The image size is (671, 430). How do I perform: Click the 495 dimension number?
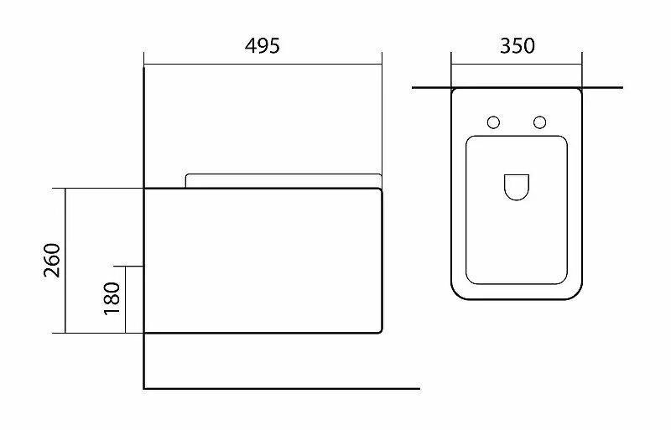click(x=263, y=45)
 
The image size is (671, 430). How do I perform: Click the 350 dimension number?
click(x=517, y=45)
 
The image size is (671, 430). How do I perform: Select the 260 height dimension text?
click(x=51, y=261)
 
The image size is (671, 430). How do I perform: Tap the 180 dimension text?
click(x=112, y=299)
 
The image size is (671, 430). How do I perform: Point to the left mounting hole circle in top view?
click(x=493, y=122)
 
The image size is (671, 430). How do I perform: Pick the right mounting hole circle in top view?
click(x=540, y=122)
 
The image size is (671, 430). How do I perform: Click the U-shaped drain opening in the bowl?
click(x=515, y=186)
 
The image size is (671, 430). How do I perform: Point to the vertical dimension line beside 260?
click(x=65, y=261)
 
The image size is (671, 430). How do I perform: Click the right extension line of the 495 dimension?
click(x=382, y=117)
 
